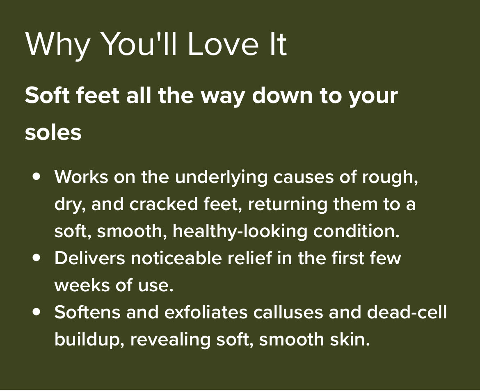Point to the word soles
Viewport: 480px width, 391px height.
coord(53,133)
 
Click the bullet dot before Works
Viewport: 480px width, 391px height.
coord(37,176)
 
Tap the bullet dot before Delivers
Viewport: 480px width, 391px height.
coord(37,258)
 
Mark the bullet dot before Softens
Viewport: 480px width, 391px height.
coord(37,312)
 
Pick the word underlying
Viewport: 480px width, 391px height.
coord(222,177)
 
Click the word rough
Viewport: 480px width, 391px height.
coord(390,177)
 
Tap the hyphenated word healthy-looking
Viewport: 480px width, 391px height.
coord(240,231)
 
